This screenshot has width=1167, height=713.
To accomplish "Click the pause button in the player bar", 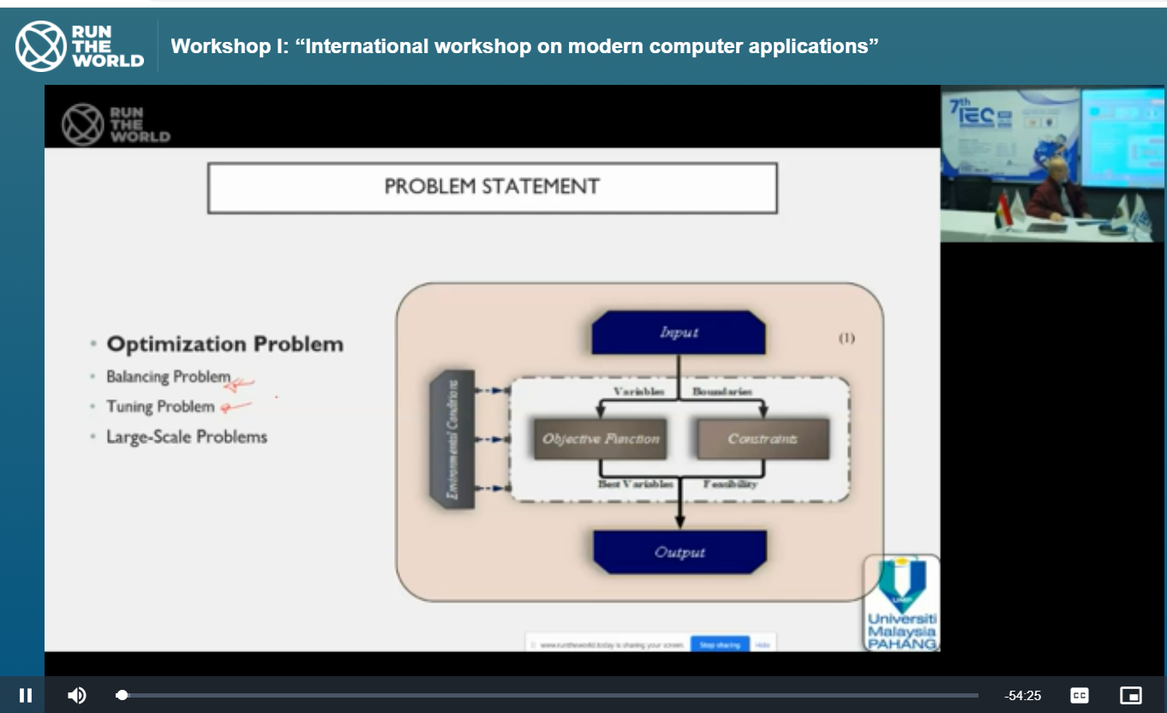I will (26, 695).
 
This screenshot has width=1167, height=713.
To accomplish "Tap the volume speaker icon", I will (77, 695).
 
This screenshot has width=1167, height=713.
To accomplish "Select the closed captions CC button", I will (1080, 695).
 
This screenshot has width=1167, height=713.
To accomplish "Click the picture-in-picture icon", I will (1131, 695).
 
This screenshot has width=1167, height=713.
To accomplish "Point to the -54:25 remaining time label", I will (1023, 696).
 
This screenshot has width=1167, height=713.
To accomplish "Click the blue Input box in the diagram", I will (679, 333).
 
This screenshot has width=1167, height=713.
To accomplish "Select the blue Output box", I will (679, 552).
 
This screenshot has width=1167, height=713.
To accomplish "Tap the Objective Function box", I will (601, 439).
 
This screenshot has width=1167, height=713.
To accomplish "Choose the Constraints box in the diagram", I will (763, 439).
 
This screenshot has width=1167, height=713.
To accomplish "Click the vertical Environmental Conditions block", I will (452, 439).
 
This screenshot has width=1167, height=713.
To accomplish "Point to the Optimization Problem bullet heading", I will (224, 345).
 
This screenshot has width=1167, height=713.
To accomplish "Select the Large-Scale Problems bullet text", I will (187, 437).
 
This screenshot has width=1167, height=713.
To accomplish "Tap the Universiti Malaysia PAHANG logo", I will (902, 603).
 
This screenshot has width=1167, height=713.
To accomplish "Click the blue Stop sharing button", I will (719, 644).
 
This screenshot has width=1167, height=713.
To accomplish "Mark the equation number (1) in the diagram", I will (846, 338).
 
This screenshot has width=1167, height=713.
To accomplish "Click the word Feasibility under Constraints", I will (730, 484).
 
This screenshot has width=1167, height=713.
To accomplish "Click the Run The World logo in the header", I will (80, 46).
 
